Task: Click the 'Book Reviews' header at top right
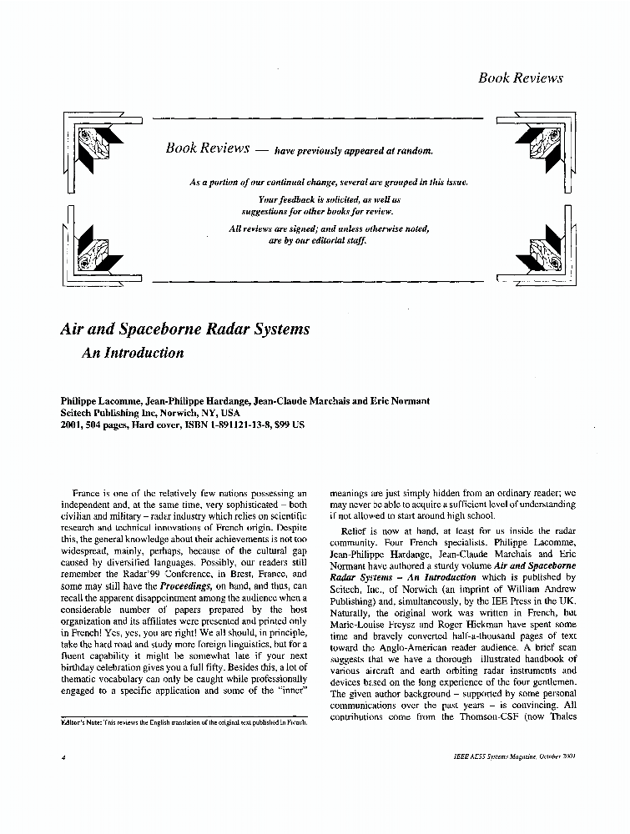point(520,78)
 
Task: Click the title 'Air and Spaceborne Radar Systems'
point(185,329)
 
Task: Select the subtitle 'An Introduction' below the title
point(132,353)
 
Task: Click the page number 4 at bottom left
point(63,758)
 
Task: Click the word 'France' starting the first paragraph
point(87,493)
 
